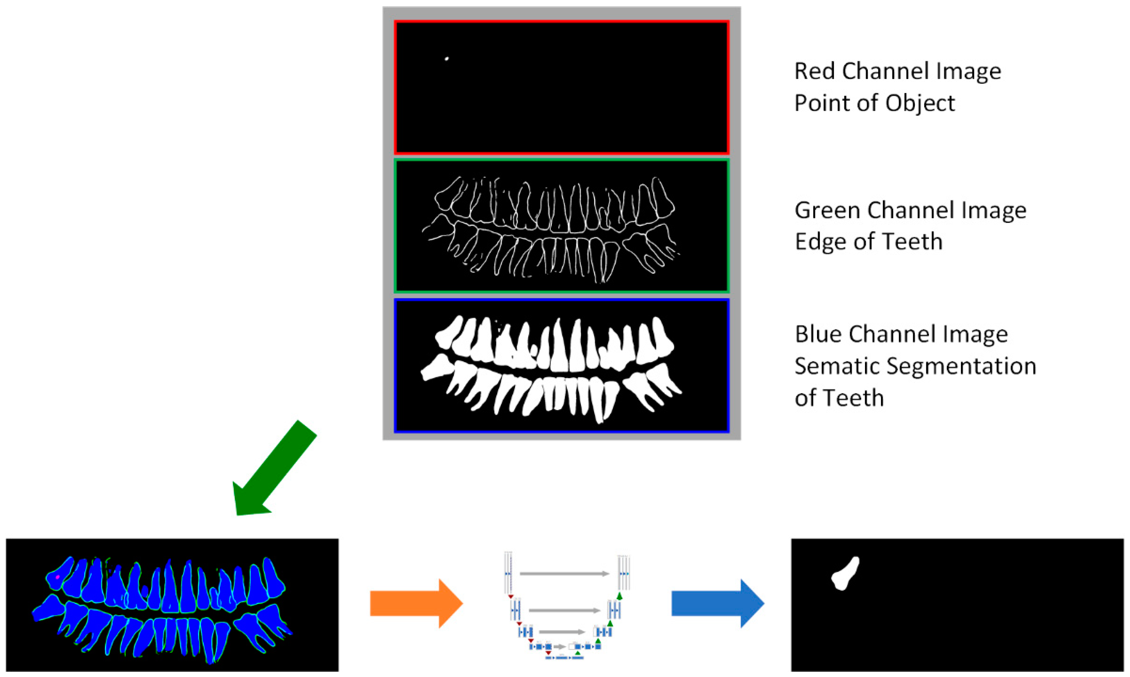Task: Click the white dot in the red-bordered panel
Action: point(447,58)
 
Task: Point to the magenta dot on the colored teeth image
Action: point(58,577)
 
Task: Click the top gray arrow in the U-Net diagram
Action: point(564,574)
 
